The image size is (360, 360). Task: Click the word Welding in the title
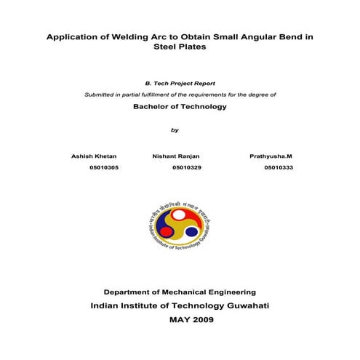(x=127, y=36)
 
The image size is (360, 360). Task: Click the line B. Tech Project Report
(x=180, y=84)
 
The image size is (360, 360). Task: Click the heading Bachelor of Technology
(x=180, y=106)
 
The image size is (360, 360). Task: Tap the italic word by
(x=174, y=130)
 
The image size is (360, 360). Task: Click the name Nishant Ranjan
(x=176, y=156)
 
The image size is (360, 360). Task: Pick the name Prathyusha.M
(x=270, y=156)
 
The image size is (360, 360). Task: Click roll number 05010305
(x=104, y=167)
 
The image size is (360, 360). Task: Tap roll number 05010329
(x=187, y=167)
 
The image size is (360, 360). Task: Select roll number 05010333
(x=279, y=167)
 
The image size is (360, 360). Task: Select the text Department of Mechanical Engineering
(x=179, y=290)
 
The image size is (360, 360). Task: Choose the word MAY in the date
(x=177, y=320)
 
